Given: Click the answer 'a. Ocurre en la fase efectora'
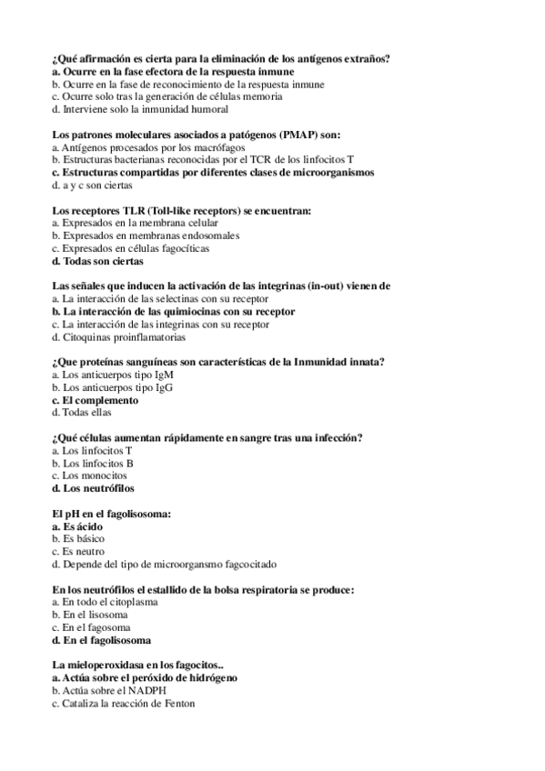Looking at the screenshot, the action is coord(173,71).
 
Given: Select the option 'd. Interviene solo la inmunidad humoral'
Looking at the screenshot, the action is coord(138,109).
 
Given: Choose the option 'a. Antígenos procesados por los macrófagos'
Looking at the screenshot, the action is coord(148,147).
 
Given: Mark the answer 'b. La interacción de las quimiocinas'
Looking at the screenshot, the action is coord(173,311).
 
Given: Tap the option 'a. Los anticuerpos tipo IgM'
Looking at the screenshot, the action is coord(113,375).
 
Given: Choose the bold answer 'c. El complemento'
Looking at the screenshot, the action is coord(96,400).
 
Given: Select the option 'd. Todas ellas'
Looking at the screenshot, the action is coord(82,412).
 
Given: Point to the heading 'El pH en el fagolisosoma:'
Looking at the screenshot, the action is coord(112,514).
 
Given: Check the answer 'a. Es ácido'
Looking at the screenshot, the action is coord(77,526).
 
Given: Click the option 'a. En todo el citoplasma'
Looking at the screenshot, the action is coord(106,602).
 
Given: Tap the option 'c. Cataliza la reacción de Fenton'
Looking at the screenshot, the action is coord(124,704).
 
